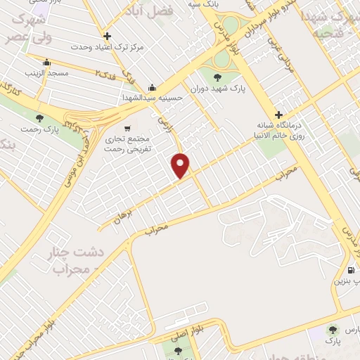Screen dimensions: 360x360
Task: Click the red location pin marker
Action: click(181, 165)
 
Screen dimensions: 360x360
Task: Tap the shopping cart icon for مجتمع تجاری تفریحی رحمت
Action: click(127, 129)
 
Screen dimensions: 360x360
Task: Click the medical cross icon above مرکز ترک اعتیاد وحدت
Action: click(107, 36)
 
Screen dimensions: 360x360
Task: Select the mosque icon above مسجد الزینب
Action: click(46, 62)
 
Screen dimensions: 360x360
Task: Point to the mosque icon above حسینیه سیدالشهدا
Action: click(153, 88)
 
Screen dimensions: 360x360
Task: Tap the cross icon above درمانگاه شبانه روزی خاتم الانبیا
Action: click(279, 114)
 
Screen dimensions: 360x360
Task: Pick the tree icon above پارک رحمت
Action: click(39, 118)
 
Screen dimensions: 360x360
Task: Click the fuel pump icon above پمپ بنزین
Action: click(350, 270)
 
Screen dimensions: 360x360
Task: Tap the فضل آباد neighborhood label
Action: click(168, 11)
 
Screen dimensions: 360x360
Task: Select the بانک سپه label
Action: click(200, 5)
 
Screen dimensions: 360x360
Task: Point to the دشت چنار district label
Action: click(68, 252)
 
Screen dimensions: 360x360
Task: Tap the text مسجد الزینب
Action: click(46, 72)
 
